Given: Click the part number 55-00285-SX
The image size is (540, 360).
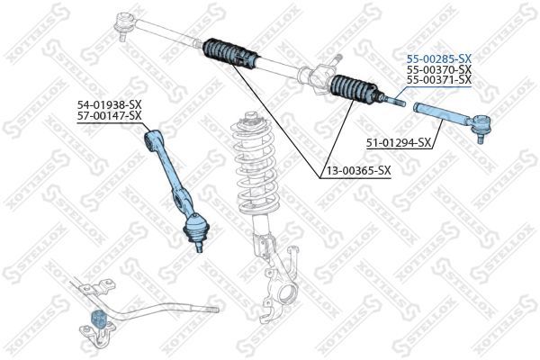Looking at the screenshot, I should click(438, 57).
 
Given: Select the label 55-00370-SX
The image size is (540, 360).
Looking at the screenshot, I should click(438, 68).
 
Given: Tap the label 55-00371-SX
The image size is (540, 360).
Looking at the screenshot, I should click(438, 80).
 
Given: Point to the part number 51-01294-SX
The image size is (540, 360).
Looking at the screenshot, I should click(399, 142).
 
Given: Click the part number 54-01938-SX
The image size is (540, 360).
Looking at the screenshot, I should click(109, 104).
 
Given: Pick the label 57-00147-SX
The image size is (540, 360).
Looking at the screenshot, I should click(109, 116).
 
